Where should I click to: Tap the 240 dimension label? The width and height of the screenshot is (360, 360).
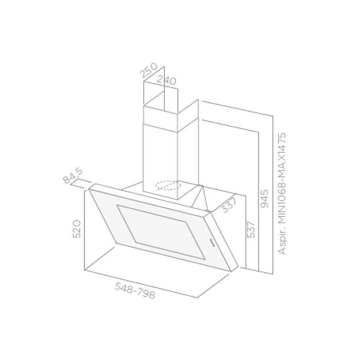(x=167, y=81)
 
